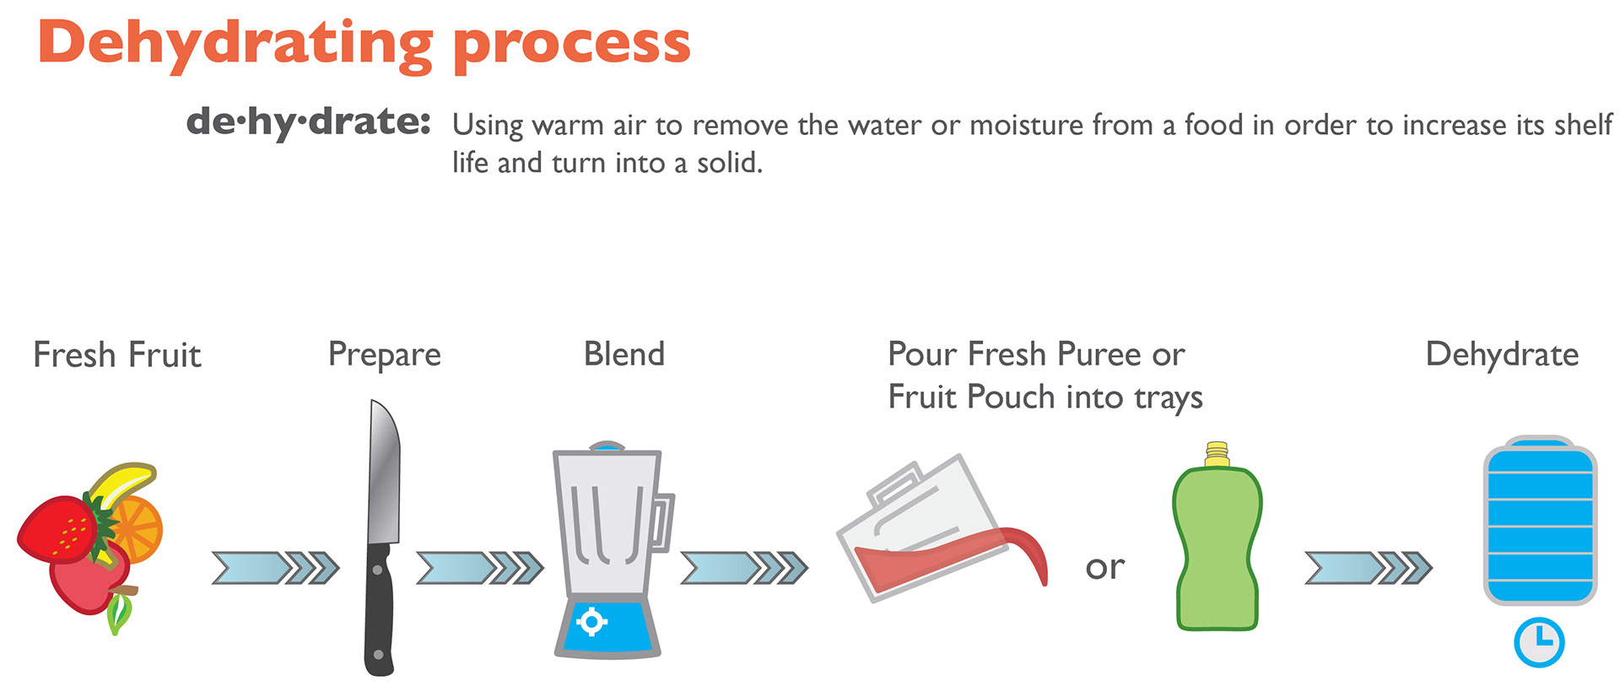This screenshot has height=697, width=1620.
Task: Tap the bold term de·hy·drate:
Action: point(309,122)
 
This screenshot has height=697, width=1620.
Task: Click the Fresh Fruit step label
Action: point(117,354)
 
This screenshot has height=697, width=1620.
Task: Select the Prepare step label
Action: point(385,355)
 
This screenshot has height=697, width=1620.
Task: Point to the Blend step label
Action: point(624,354)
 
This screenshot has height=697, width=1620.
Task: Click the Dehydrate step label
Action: point(1502,354)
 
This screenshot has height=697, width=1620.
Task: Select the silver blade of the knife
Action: point(384,473)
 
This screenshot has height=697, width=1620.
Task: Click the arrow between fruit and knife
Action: point(275,568)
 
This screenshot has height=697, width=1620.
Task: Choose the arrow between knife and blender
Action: point(480,568)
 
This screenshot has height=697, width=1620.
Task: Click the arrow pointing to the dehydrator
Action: point(1369,568)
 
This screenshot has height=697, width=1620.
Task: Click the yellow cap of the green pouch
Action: point(1217,454)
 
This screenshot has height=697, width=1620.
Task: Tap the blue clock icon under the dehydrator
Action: point(1539,643)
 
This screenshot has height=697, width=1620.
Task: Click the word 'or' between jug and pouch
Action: point(1105,568)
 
